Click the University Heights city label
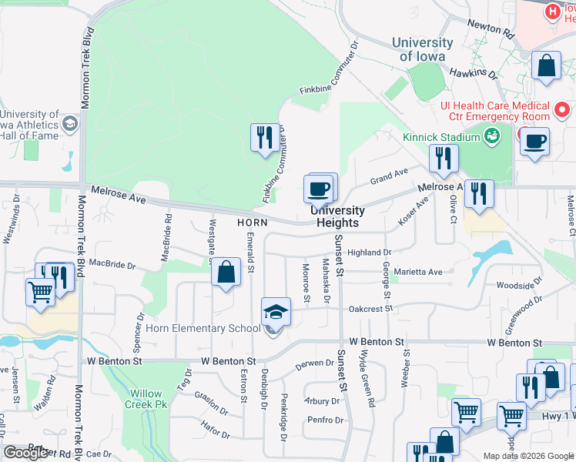tap(337, 216)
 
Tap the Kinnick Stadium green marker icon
tap(492, 137)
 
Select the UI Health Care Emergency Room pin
tap(562, 110)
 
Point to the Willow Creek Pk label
tap(149, 397)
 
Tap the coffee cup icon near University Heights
tap(319, 187)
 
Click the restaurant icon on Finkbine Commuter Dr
tap(265, 138)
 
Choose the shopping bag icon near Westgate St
tap(226, 272)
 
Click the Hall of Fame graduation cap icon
tap(70, 123)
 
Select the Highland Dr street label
tap(370, 253)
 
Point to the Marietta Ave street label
tap(418, 272)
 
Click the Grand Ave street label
tap(389, 175)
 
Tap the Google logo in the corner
tap(25, 453)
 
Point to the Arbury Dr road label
tap(322, 401)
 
